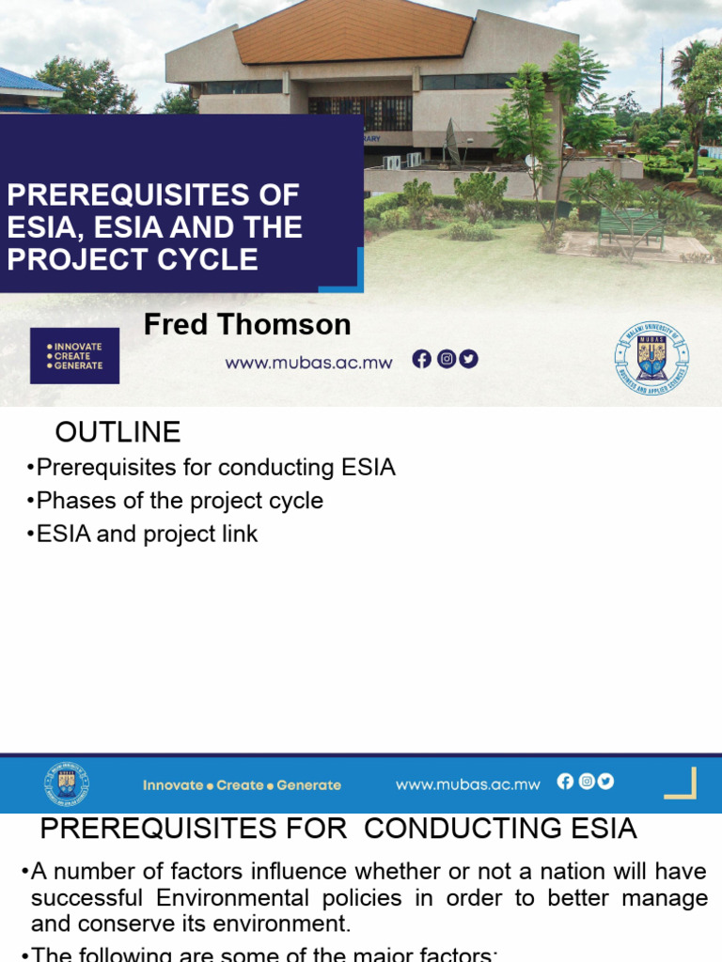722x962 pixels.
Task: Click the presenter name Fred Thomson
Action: click(x=247, y=325)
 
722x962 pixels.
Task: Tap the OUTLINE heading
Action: click(x=118, y=432)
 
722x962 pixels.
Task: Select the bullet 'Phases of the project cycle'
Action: click(x=179, y=501)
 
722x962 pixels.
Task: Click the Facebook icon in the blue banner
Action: click(x=565, y=782)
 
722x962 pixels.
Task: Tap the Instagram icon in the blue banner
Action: click(x=586, y=782)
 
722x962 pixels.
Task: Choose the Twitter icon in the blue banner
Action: click(x=605, y=782)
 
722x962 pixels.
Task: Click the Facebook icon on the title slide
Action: click(x=422, y=359)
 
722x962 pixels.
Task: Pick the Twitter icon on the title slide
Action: click(x=468, y=359)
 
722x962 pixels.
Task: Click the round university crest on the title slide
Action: click(x=651, y=358)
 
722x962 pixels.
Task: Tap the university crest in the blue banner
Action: click(x=66, y=784)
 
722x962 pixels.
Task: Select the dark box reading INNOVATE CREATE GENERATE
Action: click(x=74, y=356)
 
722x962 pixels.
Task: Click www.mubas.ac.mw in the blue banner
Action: click(x=467, y=784)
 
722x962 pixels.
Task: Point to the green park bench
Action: click(x=630, y=226)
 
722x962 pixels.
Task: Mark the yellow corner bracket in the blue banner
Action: click(x=683, y=783)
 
